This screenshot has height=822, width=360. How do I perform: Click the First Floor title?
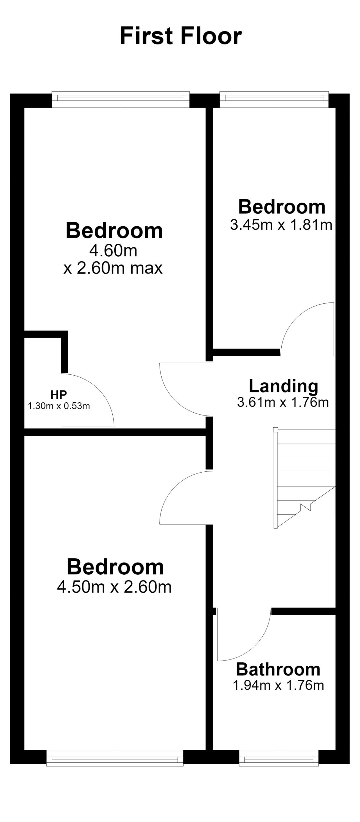click(180, 36)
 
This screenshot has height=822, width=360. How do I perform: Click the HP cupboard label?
click(58, 394)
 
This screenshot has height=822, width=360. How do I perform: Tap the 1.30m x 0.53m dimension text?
click(59, 406)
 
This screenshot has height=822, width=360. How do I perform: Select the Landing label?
click(283, 386)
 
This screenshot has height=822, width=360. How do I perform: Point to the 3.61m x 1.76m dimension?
click(283, 402)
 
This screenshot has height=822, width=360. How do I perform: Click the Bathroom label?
click(278, 669)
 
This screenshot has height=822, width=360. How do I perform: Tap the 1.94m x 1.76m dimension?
click(278, 685)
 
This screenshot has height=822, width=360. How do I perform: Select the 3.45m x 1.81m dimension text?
click(281, 225)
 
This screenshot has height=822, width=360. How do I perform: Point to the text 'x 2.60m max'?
click(113, 268)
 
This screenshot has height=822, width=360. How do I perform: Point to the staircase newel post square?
click(275, 430)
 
